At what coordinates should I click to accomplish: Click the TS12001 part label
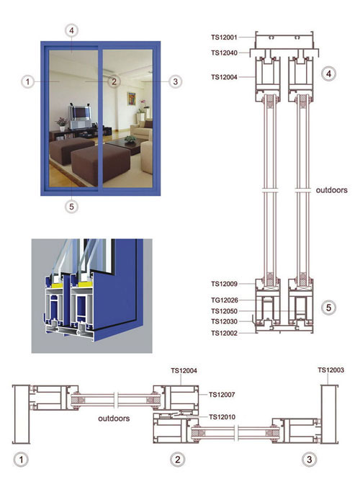pos(224,37)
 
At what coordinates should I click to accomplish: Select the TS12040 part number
pos(224,53)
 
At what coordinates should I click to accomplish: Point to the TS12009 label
pos(224,284)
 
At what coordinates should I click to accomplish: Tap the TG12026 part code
pos(225,300)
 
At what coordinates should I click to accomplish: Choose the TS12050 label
pos(224,311)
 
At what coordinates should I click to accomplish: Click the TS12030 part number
pos(224,321)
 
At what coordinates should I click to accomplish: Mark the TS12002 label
pos(224,334)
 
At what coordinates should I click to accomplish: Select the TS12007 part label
pos(222,395)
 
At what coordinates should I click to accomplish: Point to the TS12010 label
pos(222,417)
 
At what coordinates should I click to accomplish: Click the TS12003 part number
pos(330,370)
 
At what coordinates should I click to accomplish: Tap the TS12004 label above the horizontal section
pos(184,371)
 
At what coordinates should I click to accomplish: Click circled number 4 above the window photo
pos(72,31)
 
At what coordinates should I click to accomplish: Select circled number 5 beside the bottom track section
pos(328,308)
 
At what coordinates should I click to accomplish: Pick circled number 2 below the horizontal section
pos(178,460)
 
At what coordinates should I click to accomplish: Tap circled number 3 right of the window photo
pos(175,82)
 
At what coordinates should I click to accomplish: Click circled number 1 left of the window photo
pos(27,82)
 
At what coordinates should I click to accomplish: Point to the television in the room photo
pos(80,114)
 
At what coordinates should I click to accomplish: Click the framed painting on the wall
pos(132,99)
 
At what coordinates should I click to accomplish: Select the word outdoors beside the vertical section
pos(331,190)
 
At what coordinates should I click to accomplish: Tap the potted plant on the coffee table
pos(130,139)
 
